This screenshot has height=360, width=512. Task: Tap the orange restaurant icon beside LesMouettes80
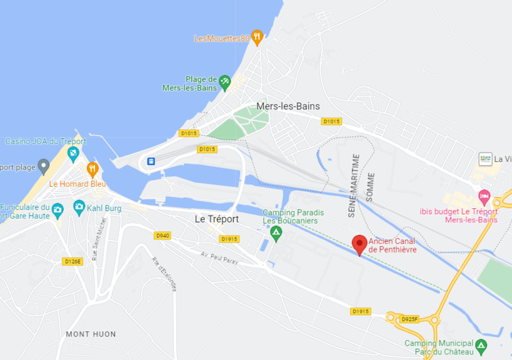[x=256, y=37]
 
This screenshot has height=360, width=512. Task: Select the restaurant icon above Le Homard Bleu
[x=93, y=169]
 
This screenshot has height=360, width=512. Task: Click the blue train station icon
[x=151, y=161]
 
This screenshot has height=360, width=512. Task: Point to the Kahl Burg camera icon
[x=79, y=206]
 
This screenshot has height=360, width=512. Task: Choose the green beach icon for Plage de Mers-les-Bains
[x=225, y=82]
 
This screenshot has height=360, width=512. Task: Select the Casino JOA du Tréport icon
[x=73, y=153]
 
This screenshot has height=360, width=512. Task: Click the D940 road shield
[x=162, y=236]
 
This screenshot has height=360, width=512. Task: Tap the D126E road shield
[x=73, y=261]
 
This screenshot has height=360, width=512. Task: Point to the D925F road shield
[x=409, y=319]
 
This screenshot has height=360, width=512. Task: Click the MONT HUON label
[x=91, y=334]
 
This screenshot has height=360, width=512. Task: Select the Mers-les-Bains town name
[x=288, y=106]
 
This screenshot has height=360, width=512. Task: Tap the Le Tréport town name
[x=217, y=219]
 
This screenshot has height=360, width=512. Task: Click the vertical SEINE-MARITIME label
[x=356, y=186]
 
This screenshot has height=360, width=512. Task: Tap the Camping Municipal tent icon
[x=481, y=345]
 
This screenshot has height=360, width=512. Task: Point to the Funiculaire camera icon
[x=58, y=209]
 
